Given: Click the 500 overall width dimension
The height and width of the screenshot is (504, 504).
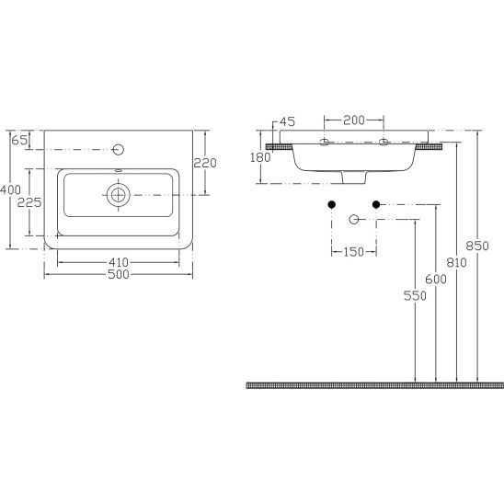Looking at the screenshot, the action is click(x=119, y=274).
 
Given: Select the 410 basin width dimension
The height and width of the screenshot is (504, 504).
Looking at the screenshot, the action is click(x=119, y=262).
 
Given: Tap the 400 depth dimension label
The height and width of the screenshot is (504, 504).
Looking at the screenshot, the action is click(x=10, y=189).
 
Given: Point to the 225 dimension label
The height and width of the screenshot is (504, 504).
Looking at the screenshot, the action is click(x=29, y=202).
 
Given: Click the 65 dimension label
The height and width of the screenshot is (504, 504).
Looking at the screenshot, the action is click(x=19, y=140).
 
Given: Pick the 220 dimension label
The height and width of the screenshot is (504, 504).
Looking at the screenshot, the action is click(x=205, y=163).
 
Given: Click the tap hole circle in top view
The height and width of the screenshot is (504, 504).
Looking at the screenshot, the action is click(x=119, y=150).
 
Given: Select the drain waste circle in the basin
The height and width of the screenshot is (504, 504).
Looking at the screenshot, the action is click(x=119, y=195).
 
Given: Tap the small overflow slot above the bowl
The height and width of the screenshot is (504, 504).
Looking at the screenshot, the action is click(x=119, y=171).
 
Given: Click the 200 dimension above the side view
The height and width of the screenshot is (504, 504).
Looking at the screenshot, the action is click(x=354, y=120).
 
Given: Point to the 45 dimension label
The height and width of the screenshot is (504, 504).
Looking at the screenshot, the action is click(x=287, y=121).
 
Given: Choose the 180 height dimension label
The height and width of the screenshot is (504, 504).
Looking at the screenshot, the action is click(x=260, y=157).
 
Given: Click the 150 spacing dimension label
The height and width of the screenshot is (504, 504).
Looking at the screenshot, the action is click(x=353, y=252).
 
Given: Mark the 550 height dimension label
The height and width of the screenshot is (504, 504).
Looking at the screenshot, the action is click(x=415, y=296).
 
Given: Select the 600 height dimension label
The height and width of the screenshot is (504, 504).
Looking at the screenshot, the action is click(x=436, y=280).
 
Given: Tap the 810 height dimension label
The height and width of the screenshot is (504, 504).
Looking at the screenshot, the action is click(x=456, y=263).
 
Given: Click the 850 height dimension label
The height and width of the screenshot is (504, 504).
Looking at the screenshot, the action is click(x=477, y=246).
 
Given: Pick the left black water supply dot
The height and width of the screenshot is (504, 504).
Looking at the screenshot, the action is click(x=332, y=204).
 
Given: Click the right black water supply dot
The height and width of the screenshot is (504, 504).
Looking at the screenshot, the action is click(x=376, y=204).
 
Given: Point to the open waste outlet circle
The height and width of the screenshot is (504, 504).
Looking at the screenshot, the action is click(x=354, y=220).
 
